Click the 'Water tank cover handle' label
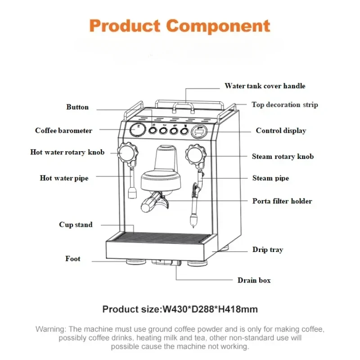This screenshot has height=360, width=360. tap(265, 86)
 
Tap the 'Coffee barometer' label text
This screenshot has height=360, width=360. tap(63, 130)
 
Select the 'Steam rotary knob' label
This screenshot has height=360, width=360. tap(283, 156)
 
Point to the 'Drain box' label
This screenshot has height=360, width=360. tap(254, 280)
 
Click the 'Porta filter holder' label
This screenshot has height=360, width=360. tap(282, 201)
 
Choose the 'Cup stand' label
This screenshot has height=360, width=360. tap(76, 225)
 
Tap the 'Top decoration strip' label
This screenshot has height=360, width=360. tap(285, 105)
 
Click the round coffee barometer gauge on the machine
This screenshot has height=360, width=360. tap(138, 130)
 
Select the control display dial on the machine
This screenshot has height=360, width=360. tap(199, 132)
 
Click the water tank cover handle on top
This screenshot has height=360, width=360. tap(183, 107)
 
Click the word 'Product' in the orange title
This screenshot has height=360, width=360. tap(125, 26)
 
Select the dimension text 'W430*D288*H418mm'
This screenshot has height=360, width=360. tap(210, 309)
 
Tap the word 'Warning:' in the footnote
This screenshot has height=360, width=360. tap(51, 329)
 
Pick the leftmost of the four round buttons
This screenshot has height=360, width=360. tap(153, 130)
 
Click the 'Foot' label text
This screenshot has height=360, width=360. tap(73, 258)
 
